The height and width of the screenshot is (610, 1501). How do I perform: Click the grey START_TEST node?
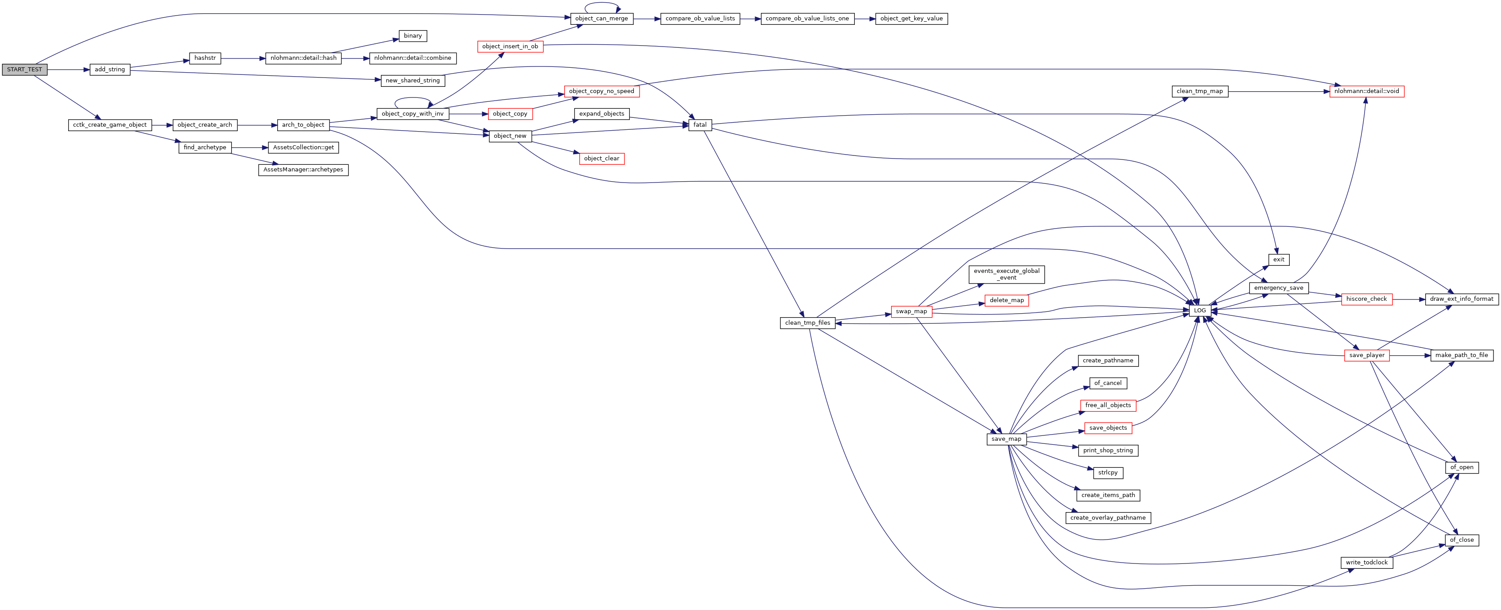[24, 70]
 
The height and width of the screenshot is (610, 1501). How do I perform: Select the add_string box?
[109, 70]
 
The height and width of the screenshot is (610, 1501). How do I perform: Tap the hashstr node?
[205, 58]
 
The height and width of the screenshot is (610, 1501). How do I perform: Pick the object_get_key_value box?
[911, 19]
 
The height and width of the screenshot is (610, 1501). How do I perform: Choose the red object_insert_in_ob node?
[510, 47]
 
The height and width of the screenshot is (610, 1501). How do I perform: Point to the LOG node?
[1200, 311]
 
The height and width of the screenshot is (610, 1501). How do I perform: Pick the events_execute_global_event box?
[1006, 274]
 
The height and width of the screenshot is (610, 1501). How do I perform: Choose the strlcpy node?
[1108, 473]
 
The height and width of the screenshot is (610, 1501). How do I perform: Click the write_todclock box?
[1366, 563]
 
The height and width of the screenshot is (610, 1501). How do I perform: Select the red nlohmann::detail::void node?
[1366, 91]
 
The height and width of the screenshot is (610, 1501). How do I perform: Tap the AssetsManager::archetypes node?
[303, 170]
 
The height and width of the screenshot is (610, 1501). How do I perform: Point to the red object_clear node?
[601, 159]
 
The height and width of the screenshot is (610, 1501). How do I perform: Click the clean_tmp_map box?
[1200, 91]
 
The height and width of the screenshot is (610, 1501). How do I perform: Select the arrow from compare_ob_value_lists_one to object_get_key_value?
[865, 19]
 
